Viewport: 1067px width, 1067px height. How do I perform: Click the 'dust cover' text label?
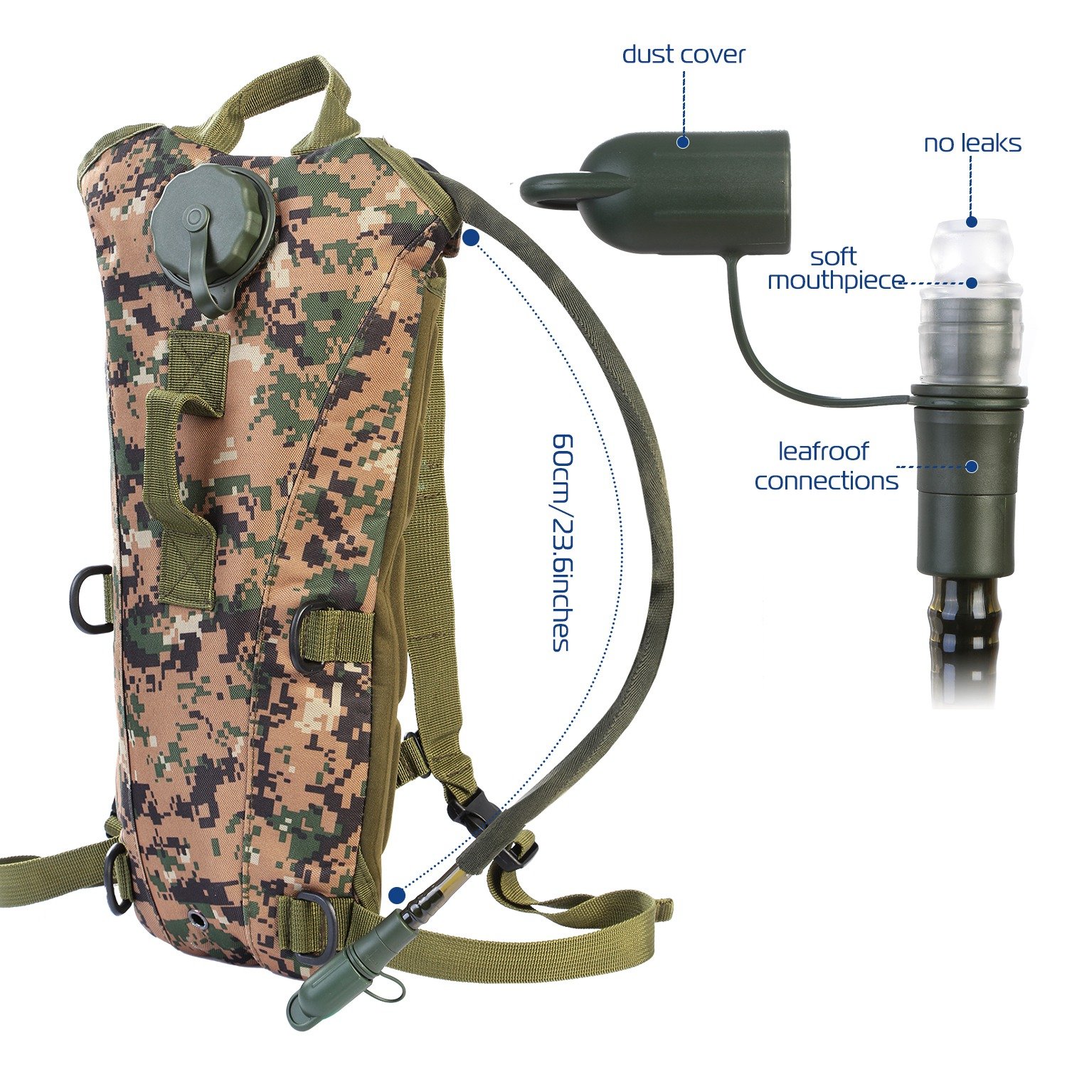[x=684, y=55]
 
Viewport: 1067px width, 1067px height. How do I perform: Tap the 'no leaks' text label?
[x=972, y=144]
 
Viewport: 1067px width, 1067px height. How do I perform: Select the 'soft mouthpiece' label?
[x=835, y=269]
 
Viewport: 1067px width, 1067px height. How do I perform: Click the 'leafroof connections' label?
[x=826, y=466]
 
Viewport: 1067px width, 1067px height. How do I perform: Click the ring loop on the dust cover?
[x=562, y=191]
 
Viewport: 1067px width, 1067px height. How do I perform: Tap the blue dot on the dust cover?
[x=683, y=142]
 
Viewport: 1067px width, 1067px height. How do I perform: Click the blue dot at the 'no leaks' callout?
[x=972, y=222]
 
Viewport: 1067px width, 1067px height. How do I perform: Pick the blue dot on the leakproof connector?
[x=972, y=467]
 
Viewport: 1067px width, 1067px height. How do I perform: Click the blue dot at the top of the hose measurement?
[x=470, y=238]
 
